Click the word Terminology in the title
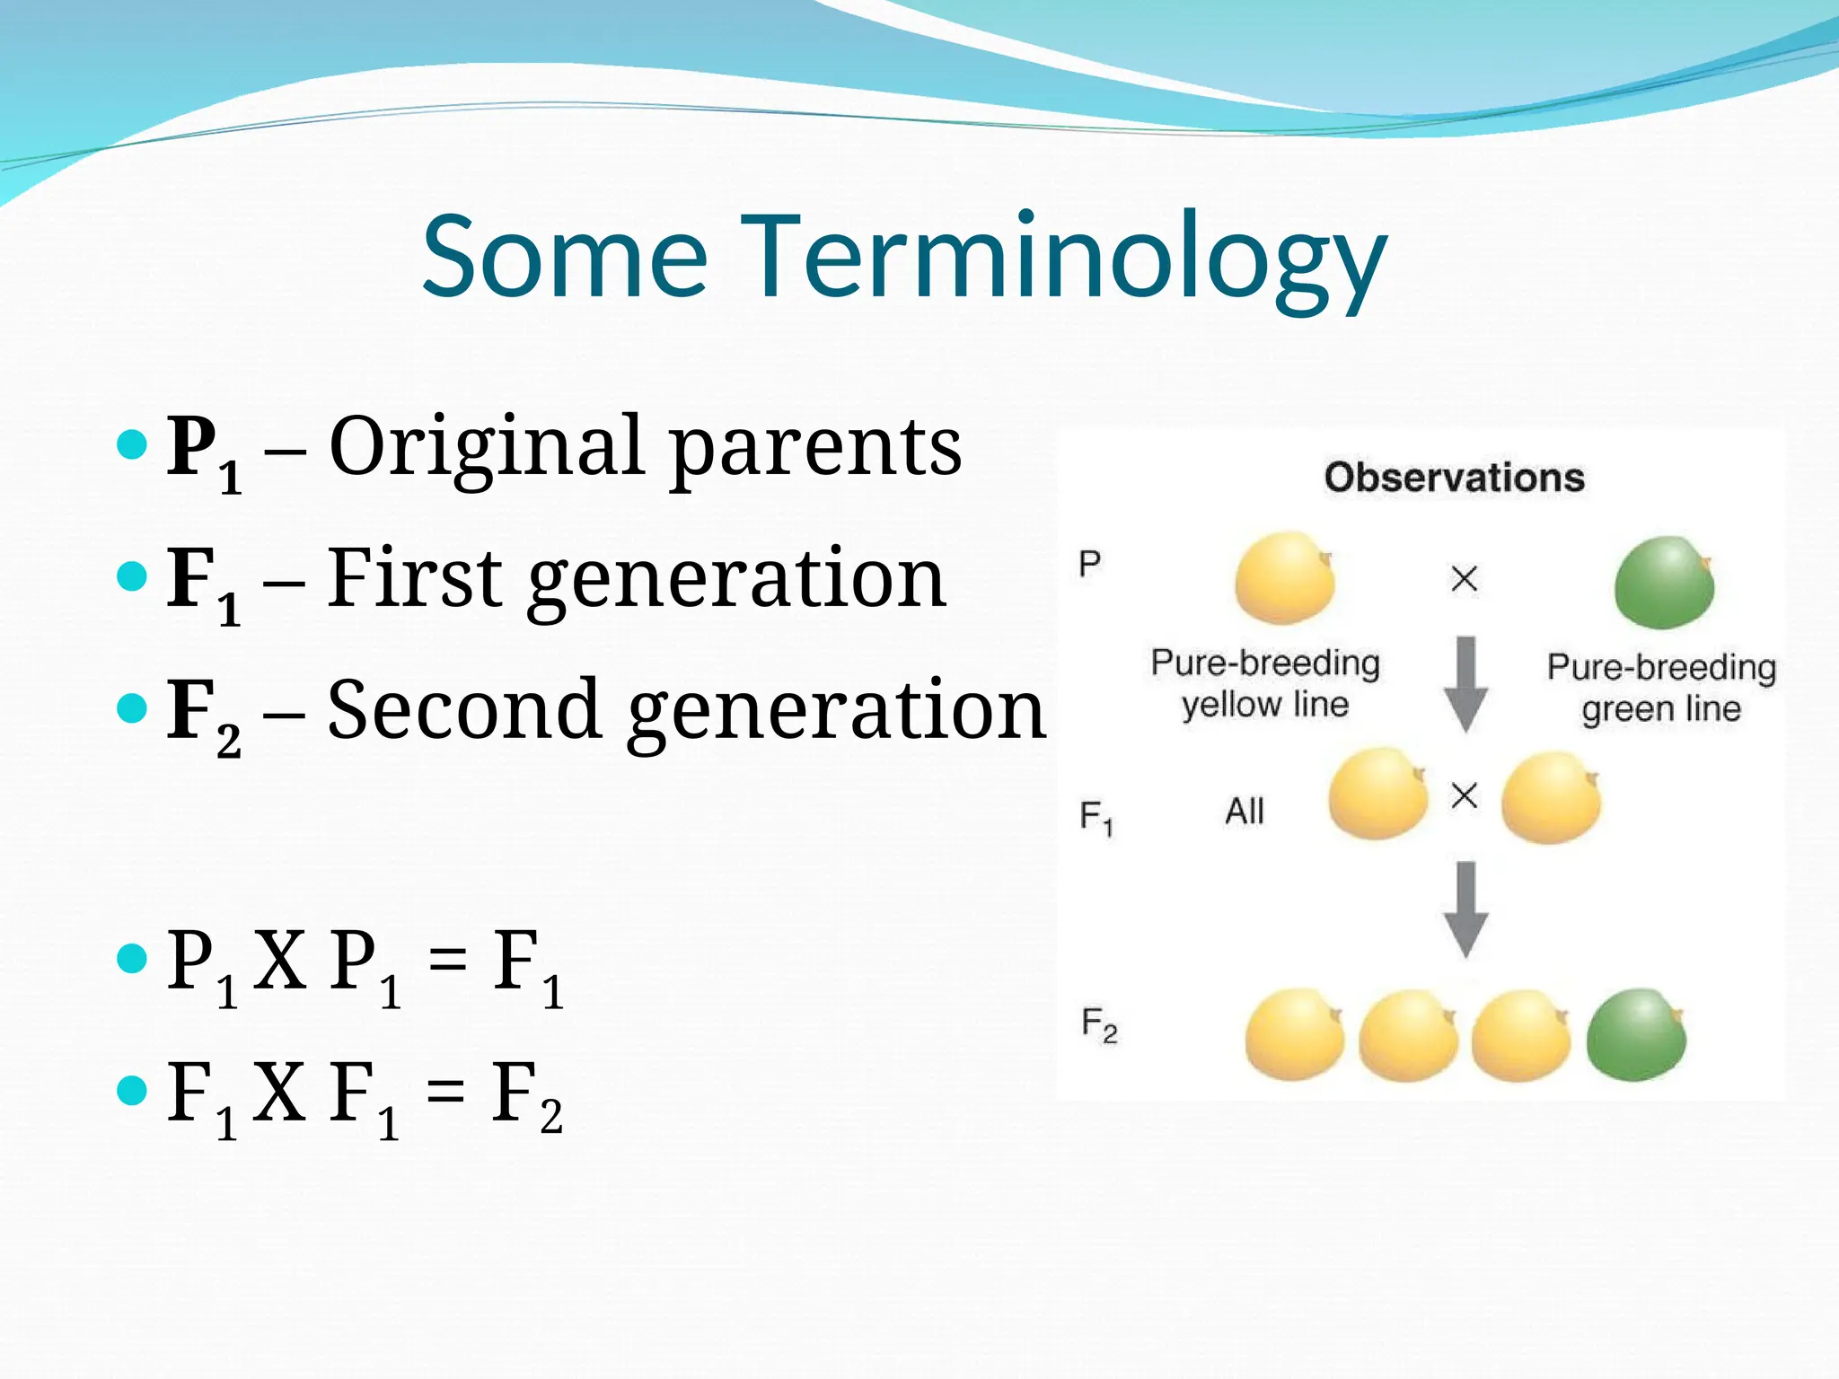pos(1063,257)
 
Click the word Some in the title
pos(565,257)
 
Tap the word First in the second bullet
pos(415,578)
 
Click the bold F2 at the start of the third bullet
pos(203,715)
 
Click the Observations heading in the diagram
pos(1454,478)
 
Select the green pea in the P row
pos(1664,583)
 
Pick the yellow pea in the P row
pos(1285,578)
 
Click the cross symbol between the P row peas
pos(1465,578)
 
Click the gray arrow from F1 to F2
pos(1465,909)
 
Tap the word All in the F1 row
pos(1245,812)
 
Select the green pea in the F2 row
pos(1636,1035)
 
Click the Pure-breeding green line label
pos(1661,688)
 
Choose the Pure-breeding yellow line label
pos(1265,683)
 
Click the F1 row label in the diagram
pos(1096,818)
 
